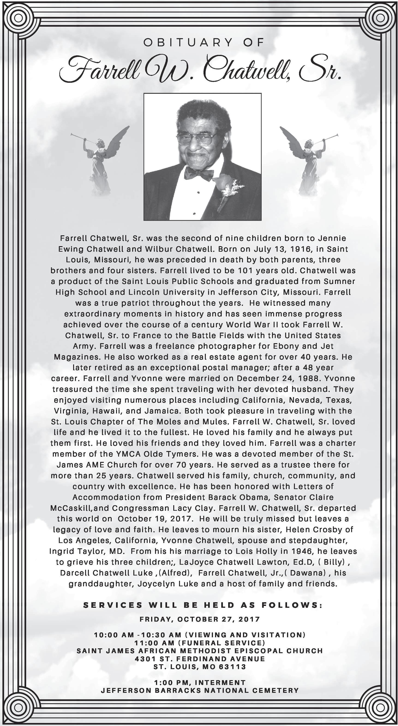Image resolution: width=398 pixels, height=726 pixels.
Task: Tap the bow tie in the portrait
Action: (x=199, y=173)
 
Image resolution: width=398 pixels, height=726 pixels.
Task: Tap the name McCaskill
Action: (x=71, y=508)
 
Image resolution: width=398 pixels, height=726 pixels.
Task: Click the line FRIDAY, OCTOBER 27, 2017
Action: (x=200, y=619)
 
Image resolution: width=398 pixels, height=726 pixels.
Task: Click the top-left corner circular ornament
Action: (x=18, y=18)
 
